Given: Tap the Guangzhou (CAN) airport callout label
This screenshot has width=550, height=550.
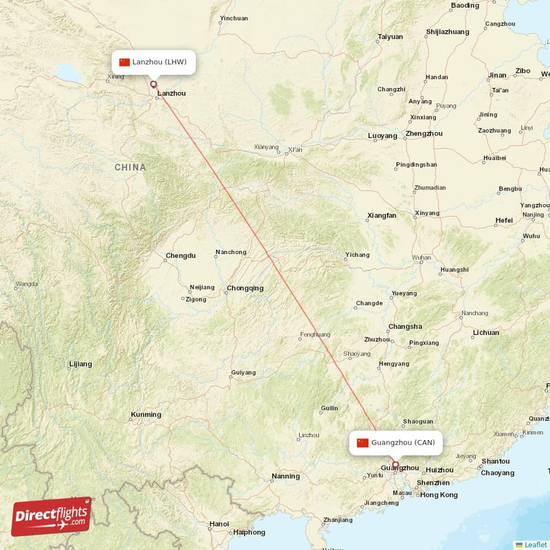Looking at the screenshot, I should [395, 443].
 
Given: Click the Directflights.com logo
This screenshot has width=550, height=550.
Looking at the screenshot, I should [52, 516].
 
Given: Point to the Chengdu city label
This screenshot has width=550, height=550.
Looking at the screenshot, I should [180, 256].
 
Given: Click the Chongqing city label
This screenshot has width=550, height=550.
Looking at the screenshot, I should [245, 288].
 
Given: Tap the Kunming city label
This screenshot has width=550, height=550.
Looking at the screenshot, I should [146, 415].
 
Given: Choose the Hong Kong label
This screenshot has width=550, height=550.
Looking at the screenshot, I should [438, 495].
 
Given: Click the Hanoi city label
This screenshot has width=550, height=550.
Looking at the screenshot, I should [219, 524].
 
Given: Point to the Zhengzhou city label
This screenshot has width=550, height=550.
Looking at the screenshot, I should [424, 133].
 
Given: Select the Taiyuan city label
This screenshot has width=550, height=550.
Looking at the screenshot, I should [390, 36].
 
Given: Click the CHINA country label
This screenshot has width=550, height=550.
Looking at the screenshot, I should [130, 167].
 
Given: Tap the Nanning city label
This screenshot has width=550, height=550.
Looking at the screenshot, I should [285, 476].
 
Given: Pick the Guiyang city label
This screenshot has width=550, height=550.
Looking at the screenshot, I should [243, 373].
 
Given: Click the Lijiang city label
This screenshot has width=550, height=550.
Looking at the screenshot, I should [80, 364].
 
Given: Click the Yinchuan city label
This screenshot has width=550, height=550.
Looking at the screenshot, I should [233, 19].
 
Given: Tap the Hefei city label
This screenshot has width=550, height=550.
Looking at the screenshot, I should [503, 220].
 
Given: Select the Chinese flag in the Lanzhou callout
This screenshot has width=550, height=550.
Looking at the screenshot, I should [124, 63].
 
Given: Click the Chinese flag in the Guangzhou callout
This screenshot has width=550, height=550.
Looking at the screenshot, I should [363, 443].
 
